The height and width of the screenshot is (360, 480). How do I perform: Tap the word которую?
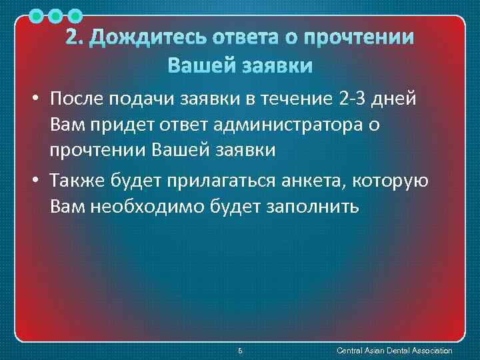point(397,181)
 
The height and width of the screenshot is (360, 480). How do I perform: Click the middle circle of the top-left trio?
point(56,15)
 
